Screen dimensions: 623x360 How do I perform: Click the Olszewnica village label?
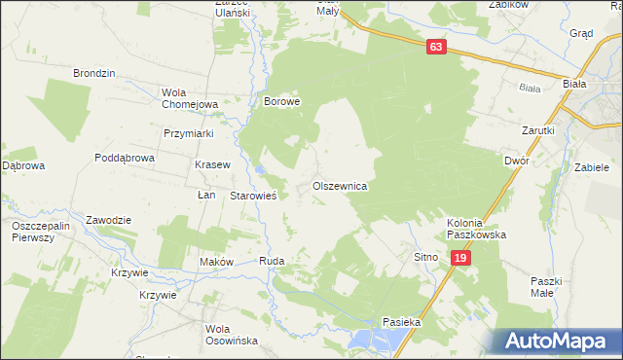[339, 185]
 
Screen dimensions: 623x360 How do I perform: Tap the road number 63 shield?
[436, 46]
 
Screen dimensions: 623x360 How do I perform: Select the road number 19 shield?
[461, 257]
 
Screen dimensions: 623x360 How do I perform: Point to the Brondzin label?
[94, 73]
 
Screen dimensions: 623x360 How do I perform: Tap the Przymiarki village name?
[189, 134]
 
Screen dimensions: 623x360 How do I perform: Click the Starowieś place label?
[254, 196]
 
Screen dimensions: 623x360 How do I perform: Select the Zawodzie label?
[108, 219]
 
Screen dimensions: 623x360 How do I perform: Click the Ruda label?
[271, 262]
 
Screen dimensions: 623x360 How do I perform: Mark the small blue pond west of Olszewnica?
[260, 172]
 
